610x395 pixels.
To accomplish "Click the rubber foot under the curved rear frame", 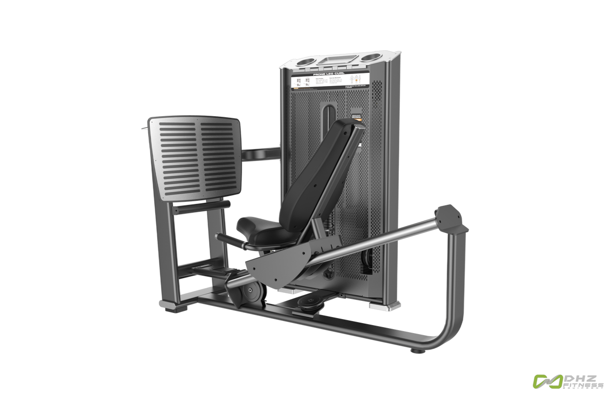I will tap(417, 350).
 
